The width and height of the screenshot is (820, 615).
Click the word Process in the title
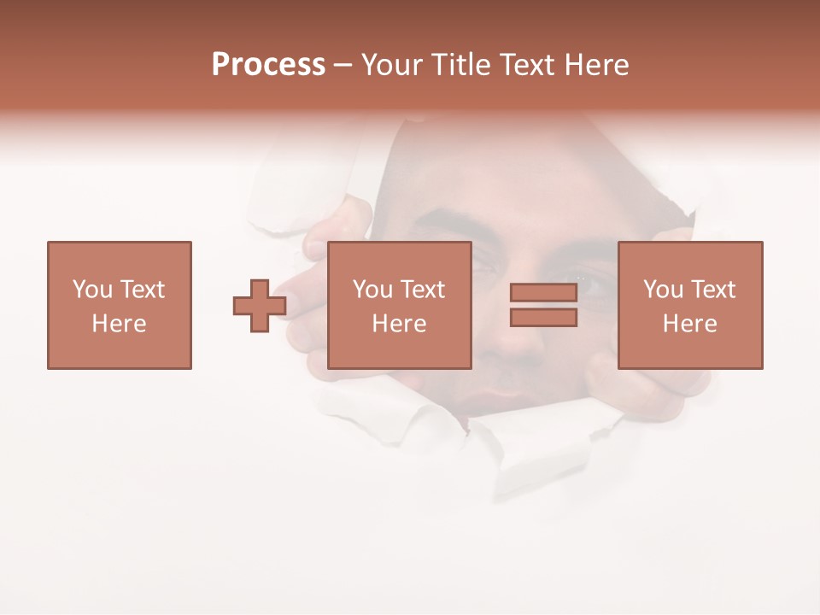pyautogui.click(x=268, y=65)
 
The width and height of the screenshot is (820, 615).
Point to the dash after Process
pyautogui.click(x=343, y=66)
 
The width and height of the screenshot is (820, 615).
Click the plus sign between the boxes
pyautogui.click(x=260, y=306)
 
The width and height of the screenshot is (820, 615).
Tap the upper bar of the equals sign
pyautogui.click(x=543, y=293)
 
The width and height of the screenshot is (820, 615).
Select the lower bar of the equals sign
pyautogui.click(x=543, y=318)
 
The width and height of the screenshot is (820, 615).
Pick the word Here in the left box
pyautogui.click(x=119, y=324)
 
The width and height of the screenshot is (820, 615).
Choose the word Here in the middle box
pyautogui.click(x=399, y=324)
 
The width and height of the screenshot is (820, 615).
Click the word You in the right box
pyautogui.click(x=663, y=290)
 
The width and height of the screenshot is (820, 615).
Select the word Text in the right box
pyautogui.click(x=713, y=290)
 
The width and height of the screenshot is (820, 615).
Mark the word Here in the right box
pyautogui.click(x=689, y=324)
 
